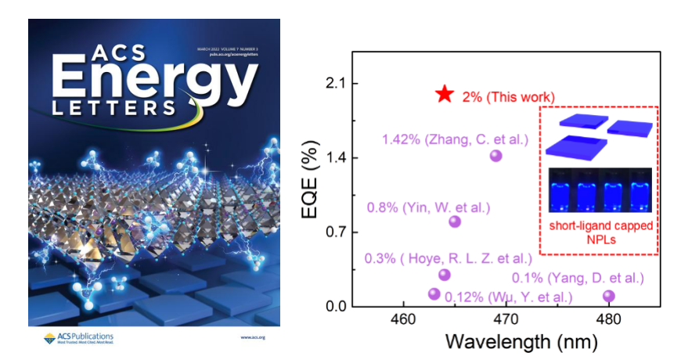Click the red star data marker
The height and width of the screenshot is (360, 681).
click(444, 94)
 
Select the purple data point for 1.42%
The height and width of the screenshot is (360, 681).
click(495, 156)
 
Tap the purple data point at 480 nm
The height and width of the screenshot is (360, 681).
click(609, 296)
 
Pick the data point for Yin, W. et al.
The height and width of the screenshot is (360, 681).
click(455, 221)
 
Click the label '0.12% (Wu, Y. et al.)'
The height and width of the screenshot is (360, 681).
click(508, 297)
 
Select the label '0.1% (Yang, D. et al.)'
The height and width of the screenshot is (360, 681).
click(578, 278)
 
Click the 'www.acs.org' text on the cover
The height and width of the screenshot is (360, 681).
click(253, 337)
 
